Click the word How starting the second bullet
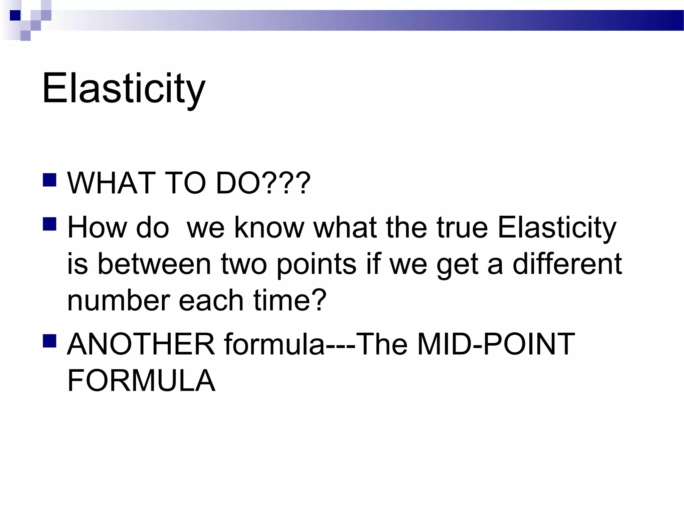click(97, 228)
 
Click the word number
click(119, 300)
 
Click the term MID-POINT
click(496, 344)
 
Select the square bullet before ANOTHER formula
click(49, 341)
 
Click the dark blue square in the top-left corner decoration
click(15, 15)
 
